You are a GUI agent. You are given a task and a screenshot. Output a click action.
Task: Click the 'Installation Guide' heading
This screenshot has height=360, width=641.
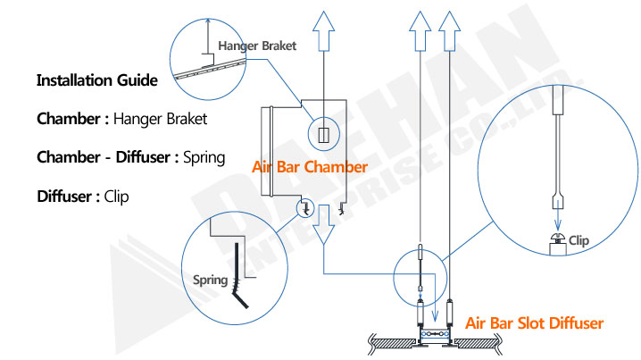coord(97,80)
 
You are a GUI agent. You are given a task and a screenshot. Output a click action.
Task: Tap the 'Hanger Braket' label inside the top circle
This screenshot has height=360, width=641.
coord(257,46)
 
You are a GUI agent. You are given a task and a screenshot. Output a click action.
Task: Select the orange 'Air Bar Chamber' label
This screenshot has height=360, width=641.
coord(310,167)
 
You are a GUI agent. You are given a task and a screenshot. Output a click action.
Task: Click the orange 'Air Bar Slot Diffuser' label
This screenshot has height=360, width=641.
coord(534,323)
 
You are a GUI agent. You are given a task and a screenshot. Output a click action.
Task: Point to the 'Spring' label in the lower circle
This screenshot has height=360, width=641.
coord(210,280)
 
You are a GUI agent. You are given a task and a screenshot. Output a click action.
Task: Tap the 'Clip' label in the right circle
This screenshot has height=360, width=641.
coord(579,240)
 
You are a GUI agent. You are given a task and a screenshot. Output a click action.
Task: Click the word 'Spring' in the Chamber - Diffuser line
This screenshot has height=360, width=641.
coord(204,158)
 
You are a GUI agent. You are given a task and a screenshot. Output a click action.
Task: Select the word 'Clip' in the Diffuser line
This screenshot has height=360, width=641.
coord(117,197)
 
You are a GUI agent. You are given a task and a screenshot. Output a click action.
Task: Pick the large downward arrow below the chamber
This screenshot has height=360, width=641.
coord(324,224)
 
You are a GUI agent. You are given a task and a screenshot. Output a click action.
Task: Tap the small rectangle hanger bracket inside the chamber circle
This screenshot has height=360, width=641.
coord(324,135)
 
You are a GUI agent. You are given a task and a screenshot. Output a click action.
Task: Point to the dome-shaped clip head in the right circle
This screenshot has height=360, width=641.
coord(558,237)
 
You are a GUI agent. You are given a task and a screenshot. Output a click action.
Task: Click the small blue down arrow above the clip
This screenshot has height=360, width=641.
coord(558,220)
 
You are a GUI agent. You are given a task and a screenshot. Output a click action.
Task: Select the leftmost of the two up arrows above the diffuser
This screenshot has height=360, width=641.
coord(420,31)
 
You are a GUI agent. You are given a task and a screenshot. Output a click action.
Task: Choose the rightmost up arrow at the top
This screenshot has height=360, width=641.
coord(449,31)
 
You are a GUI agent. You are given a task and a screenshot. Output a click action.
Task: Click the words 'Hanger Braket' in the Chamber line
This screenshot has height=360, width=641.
coord(161,119)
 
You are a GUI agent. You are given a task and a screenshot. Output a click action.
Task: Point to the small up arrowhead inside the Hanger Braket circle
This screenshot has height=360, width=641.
coord(208,21)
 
